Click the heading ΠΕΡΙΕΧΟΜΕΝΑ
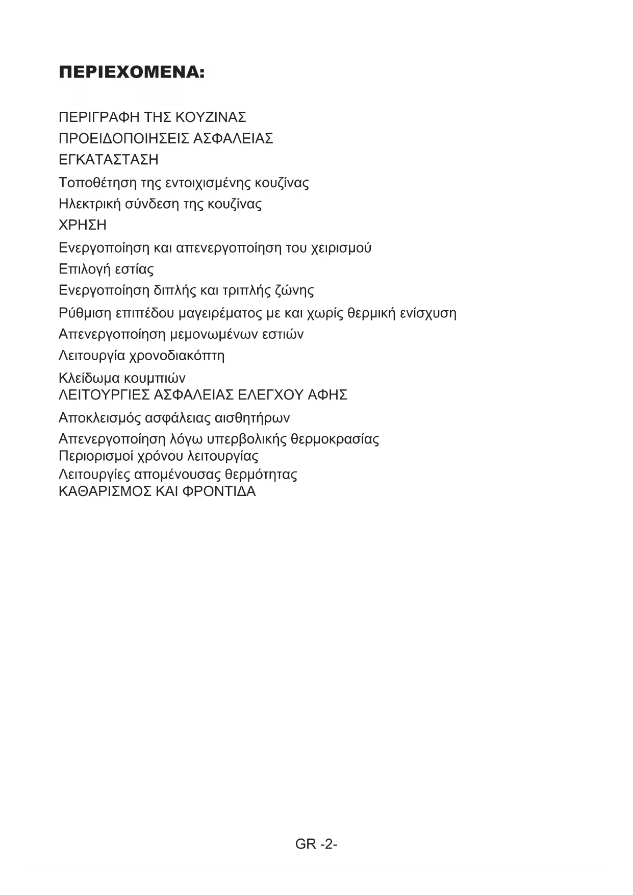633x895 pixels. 132,73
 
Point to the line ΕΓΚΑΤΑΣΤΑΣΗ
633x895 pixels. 109,160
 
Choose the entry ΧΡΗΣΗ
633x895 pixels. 83,225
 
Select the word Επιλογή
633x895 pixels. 84,269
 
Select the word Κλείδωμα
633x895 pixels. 89,378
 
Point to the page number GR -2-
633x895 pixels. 316,844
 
